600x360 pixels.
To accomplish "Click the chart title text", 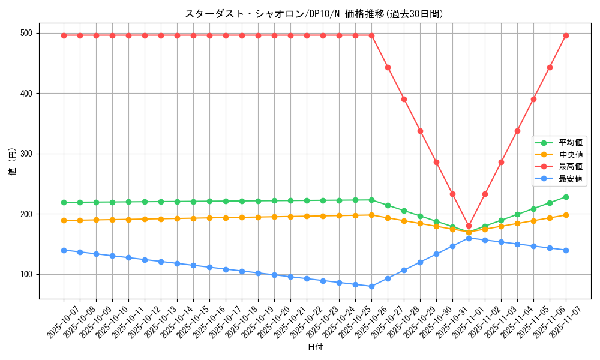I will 314,14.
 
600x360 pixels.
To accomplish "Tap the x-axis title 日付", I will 315,347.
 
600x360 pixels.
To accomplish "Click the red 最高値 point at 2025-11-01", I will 469,226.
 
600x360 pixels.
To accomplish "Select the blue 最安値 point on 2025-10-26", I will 371,286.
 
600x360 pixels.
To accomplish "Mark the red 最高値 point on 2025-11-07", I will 566,35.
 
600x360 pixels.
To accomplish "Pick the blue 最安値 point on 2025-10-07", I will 64,250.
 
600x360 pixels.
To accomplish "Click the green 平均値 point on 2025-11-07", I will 566,197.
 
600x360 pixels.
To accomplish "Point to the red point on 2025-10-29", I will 420,131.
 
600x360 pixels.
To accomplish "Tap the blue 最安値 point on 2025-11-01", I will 469,238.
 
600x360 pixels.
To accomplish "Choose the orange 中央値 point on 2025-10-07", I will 64,220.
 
